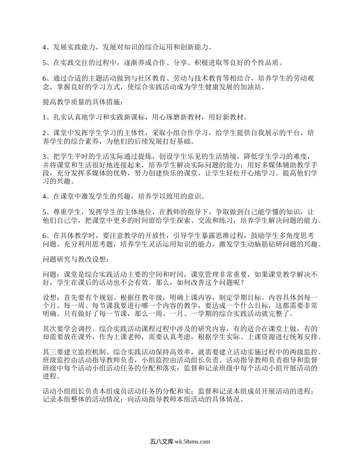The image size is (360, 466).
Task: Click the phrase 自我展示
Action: pyautogui.click(x=262, y=133)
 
